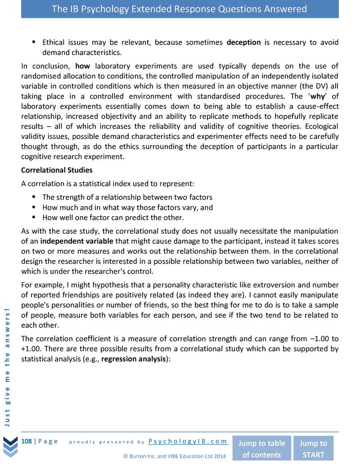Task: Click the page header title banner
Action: [180, 9]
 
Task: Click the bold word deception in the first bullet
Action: [243, 42]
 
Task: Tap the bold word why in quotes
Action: [320, 96]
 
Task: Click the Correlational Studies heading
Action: [57, 170]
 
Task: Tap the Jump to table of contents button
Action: [261, 448]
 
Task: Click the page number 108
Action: [27, 441]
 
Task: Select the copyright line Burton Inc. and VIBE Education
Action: [174, 456]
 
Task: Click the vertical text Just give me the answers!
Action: [8, 367]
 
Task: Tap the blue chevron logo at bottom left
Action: [9, 446]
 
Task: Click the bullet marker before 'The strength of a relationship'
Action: [34, 197]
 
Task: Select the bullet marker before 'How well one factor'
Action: [34, 217]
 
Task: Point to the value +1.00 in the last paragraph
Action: [31, 348]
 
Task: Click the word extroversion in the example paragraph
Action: [282, 285]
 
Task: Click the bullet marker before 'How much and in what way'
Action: [34, 207]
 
